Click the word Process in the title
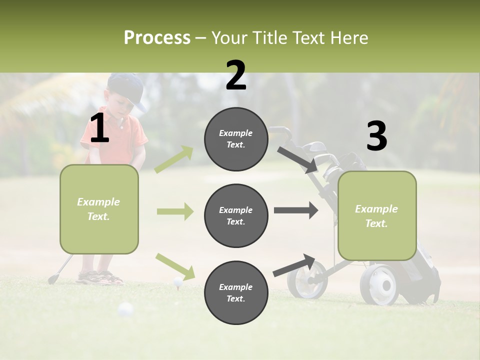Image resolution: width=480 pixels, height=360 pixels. (x=157, y=38)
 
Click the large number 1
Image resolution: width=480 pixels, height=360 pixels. (x=99, y=128)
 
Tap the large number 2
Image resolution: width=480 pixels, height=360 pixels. (x=236, y=75)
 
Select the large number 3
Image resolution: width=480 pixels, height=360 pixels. (x=376, y=136)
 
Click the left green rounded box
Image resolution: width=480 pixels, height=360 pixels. (x=99, y=209)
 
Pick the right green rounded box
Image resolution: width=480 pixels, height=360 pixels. (x=377, y=215)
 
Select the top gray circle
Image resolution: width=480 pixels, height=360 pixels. (x=236, y=139)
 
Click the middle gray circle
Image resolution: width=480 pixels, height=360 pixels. (x=236, y=215)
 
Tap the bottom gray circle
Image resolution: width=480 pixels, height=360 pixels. (x=236, y=292)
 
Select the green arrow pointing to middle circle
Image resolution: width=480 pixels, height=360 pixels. (x=175, y=211)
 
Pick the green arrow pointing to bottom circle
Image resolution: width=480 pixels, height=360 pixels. (x=175, y=266)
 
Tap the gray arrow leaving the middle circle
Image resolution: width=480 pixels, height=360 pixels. (x=295, y=210)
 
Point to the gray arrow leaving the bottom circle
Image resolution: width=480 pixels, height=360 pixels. (x=294, y=265)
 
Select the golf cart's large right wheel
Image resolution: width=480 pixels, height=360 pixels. (x=379, y=285)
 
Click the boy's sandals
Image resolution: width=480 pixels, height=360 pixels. (x=100, y=277)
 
